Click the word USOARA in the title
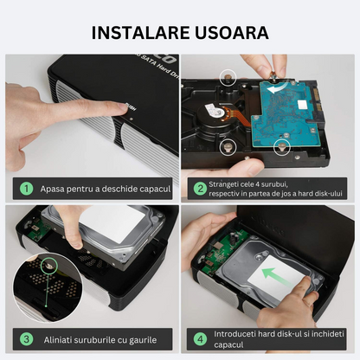pos(232,33)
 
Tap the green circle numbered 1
pos(27,189)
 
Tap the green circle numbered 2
pos(200,189)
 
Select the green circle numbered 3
pos(27,339)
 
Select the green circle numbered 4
pos(200,339)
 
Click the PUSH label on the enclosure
pos(131,106)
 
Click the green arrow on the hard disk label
pos(275,278)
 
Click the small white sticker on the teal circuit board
pos(303,104)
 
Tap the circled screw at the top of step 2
pos(228,77)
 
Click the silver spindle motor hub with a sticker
pos(215,111)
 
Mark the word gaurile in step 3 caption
pos(143,340)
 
